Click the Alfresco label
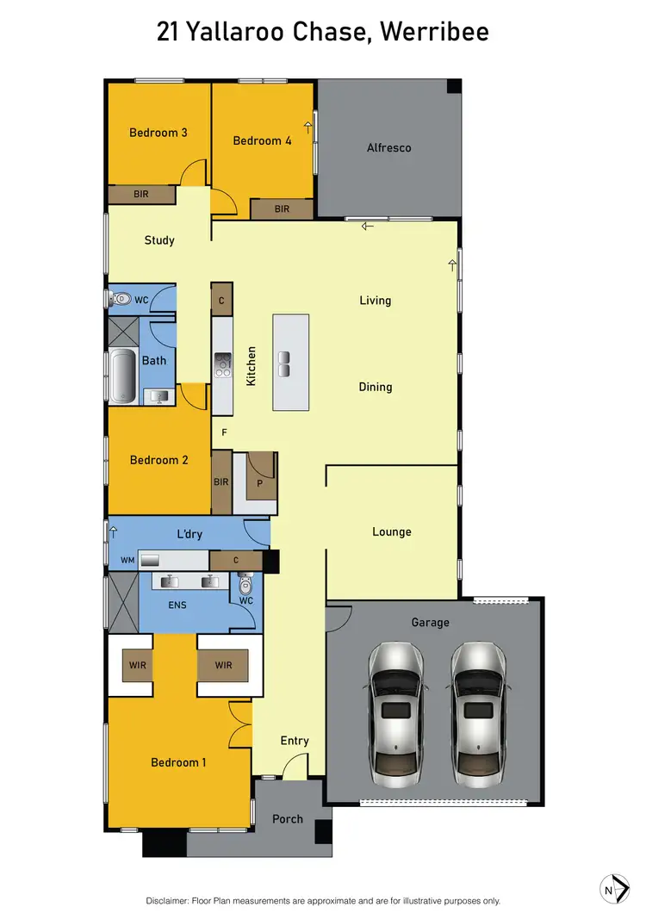click(389, 147)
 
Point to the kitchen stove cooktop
click(223, 365)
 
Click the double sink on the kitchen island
click(284, 363)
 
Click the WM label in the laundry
click(127, 561)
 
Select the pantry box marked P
click(260, 483)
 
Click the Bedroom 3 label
click(158, 133)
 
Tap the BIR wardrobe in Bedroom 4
click(282, 209)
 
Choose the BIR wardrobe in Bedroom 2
click(221, 481)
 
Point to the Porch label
click(288, 818)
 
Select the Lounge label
click(391, 531)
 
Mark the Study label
click(159, 240)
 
